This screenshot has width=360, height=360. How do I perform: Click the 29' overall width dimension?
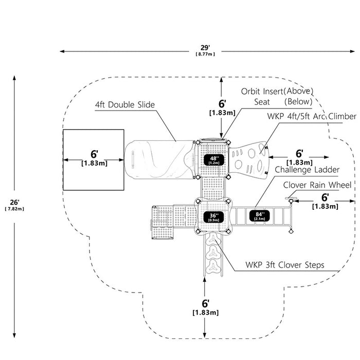click(x=205, y=48)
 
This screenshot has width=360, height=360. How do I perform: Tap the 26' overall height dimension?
click(x=14, y=202)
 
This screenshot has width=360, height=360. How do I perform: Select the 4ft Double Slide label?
click(x=125, y=105)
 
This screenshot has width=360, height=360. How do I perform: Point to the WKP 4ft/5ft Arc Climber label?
click(x=312, y=116)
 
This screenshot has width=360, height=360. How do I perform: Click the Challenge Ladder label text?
click(x=307, y=170)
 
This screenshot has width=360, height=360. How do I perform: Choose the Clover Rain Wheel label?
click(x=317, y=185)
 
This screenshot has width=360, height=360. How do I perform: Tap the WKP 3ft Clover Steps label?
click(x=285, y=265)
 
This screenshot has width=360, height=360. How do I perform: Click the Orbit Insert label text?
click(x=262, y=92)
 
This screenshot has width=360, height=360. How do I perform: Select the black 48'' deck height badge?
click(x=214, y=159)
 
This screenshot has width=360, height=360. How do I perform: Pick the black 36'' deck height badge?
click(x=213, y=217)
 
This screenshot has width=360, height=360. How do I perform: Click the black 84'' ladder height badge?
click(x=260, y=215)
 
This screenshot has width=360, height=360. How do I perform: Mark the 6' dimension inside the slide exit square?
click(x=94, y=154)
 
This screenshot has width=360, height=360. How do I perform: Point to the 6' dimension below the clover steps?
click(x=206, y=303)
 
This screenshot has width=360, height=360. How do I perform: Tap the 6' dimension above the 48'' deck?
click(x=222, y=104)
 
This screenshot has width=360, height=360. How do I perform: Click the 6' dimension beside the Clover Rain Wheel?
click(x=325, y=197)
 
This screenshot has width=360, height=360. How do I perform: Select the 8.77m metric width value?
click(x=205, y=54)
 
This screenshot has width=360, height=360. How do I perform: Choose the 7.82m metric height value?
click(x=14, y=209)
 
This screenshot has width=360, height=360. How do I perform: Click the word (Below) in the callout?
click(x=298, y=101)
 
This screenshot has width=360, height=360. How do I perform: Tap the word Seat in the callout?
click(x=262, y=102)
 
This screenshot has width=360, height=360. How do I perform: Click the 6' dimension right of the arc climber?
click(x=299, y=153)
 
